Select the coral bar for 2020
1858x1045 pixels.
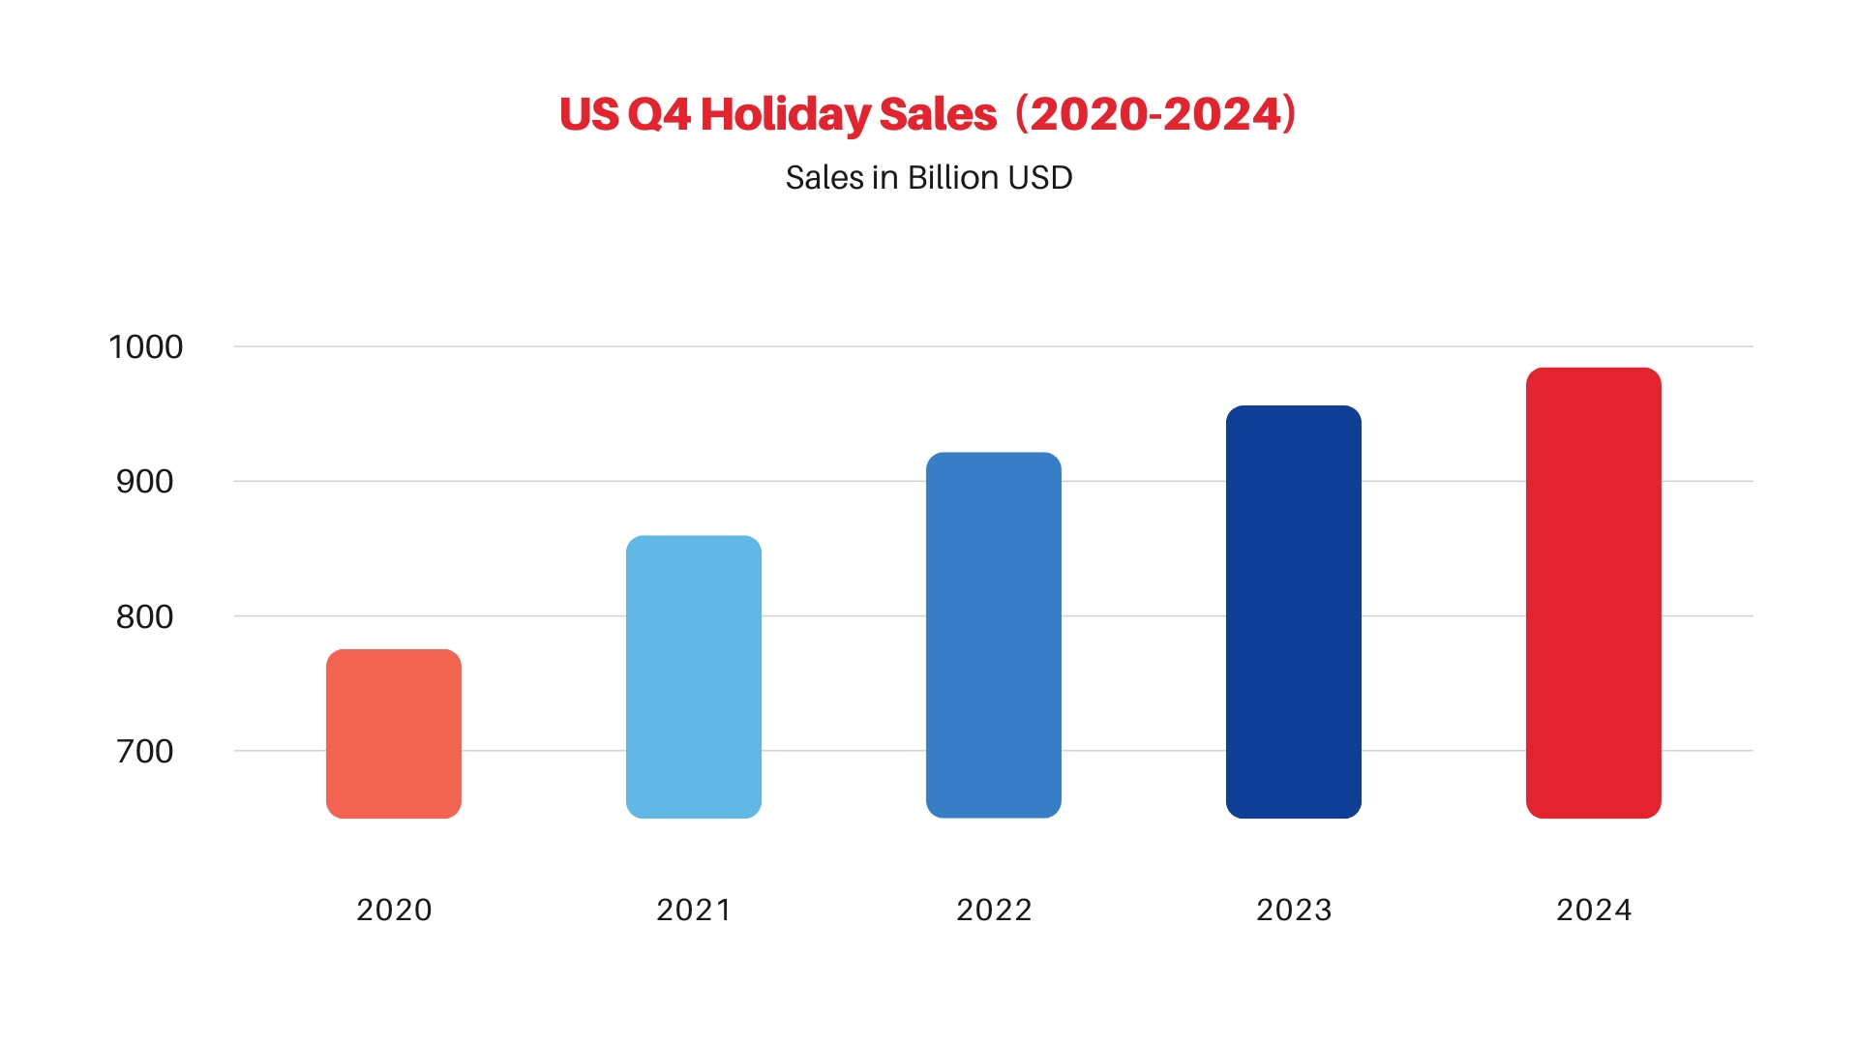tap(394, 733)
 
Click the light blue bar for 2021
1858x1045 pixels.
tap(694, 676)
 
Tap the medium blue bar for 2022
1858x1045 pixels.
tap(994, 635)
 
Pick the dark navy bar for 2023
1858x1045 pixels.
tap(1294, 612)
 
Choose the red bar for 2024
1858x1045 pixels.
tap(1594, 592)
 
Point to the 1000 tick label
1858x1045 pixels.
tap(146, 347)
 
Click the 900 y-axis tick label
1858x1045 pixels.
tap(145, 482)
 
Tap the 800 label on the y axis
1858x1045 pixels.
tap(145, 616)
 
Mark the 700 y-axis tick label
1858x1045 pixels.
tap(145, 752)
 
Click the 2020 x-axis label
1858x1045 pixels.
tap(394, 910)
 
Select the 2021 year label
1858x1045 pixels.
tap(694, 910)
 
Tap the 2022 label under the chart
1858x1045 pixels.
tap(994, 910)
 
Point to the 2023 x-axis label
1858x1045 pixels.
tap(1294, 910)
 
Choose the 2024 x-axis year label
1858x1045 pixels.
tap(1594, 910)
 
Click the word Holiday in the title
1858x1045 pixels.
tap(785, 115)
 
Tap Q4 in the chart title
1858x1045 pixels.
tap(659, 115)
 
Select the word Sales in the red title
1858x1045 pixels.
tap(938, 115)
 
